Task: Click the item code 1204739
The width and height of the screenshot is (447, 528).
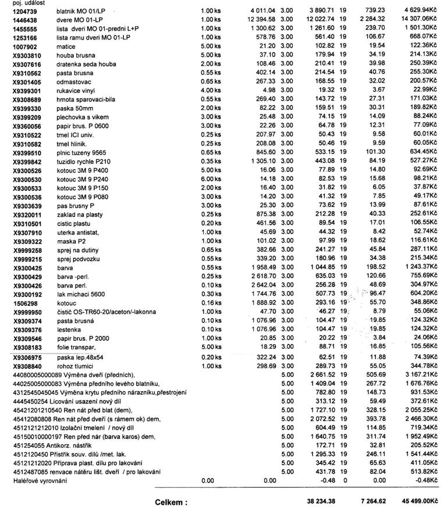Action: [25, 12]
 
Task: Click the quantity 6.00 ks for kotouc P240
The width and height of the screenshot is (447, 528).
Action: [211, 179]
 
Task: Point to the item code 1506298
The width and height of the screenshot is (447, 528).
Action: [25, 304]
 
